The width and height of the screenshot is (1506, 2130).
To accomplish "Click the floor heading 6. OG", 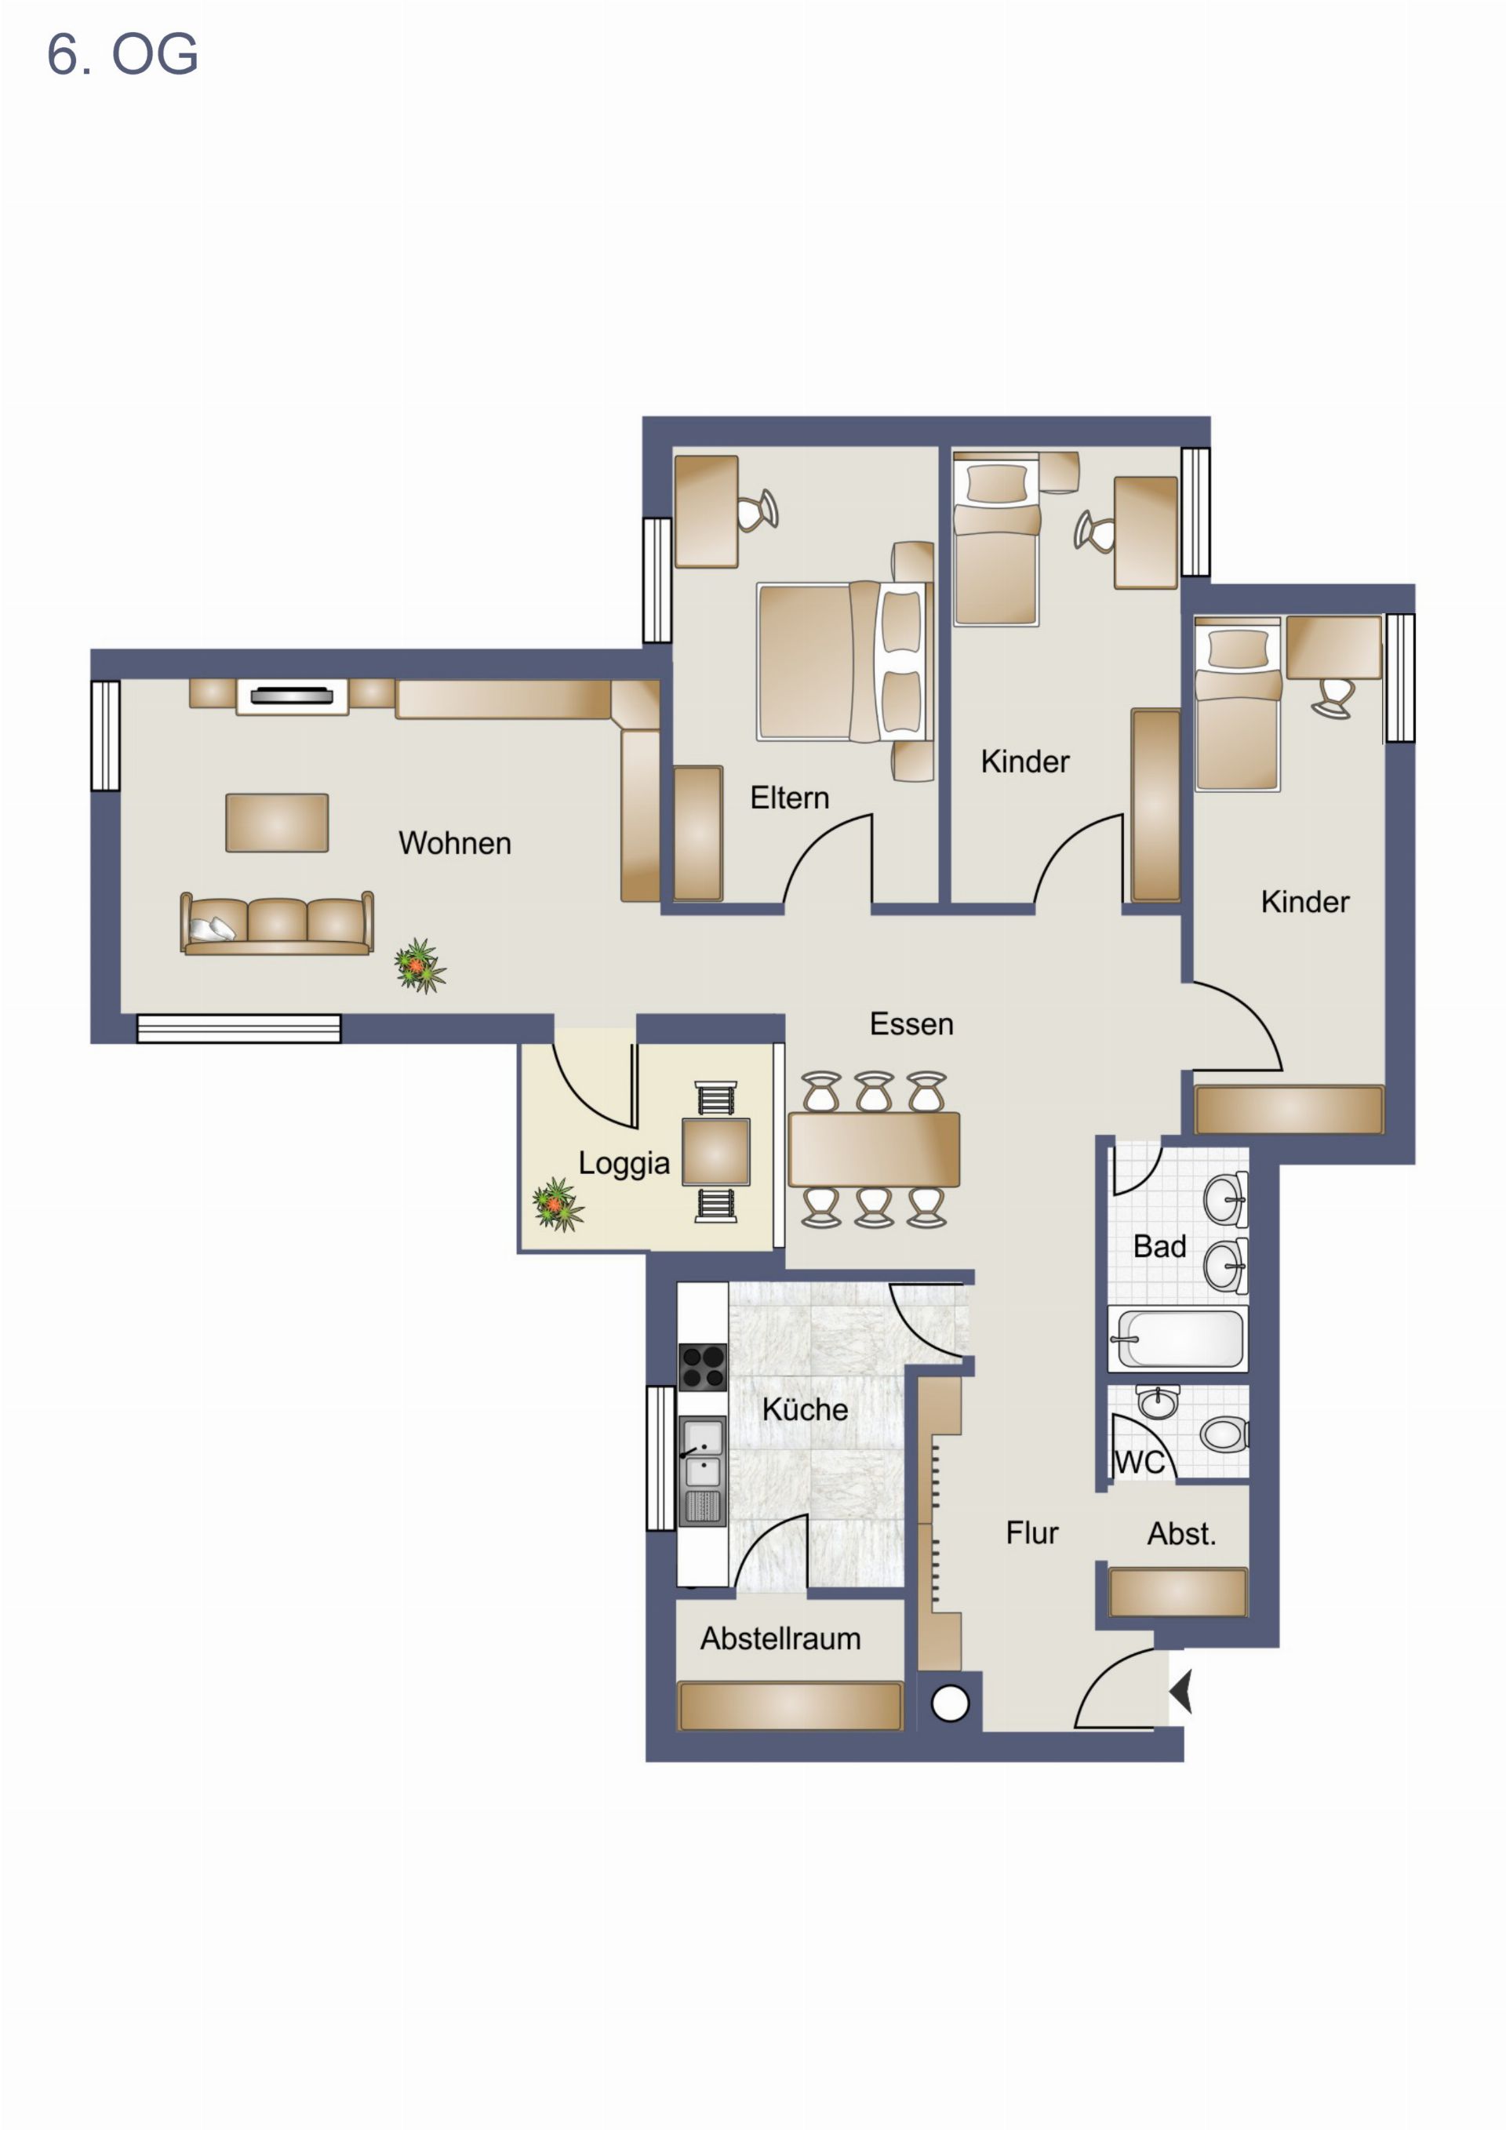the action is pyautogui.click(x=122, y=54).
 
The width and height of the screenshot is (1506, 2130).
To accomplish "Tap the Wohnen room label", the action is pyautogui.click(x=455, y=842).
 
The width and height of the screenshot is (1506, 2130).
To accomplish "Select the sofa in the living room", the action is pyautogui.click(x=277, y=923).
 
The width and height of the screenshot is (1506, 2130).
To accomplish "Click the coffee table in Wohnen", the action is pyautogui.click(x=277, y=822).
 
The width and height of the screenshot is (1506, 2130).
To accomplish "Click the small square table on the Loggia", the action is pyautogui.click(x=715, y=1151).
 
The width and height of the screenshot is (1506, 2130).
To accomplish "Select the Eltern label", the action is pyautogui.click(x=790, y=798).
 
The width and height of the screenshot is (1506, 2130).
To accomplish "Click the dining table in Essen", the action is pyautogui.click(x=873, y=1150).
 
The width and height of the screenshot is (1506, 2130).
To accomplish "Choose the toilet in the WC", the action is pyautogui.click(x=1224, y=1434).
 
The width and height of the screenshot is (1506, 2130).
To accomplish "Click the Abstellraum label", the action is pyautogui.click(x=780, y=1638).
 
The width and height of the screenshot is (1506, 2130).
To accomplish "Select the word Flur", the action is pyautogui.click(x=1031, y=1532).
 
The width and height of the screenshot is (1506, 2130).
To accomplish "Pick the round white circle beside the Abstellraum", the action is pyautogui.click(x=949, y=1703).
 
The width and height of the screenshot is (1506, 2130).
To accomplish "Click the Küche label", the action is pyautogui.click(x=805, y=1409).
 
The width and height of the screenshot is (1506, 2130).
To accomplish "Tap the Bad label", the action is pyautogui.click(x=1160, y=1246).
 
